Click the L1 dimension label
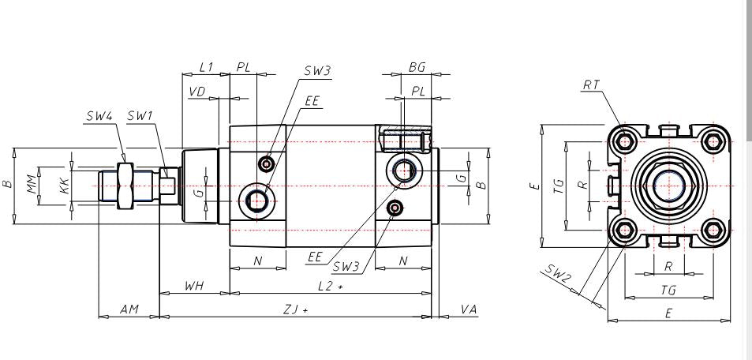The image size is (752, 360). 206,67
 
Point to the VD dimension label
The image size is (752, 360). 197,92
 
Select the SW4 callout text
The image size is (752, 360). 99,116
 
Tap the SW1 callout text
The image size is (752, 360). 140,116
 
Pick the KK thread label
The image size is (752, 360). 65,186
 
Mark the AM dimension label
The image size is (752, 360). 129,309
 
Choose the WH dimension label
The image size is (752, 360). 194,286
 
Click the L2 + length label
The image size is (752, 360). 331,286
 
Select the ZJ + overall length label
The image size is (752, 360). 295,310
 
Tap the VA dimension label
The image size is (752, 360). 469,309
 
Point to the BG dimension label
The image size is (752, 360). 417,67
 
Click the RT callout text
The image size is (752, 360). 591,85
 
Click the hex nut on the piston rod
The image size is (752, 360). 125,186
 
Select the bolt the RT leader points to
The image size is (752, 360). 624,141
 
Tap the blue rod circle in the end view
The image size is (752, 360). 668,186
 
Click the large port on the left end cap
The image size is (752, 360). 257,201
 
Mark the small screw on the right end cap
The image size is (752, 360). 395,208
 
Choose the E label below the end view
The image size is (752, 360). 668,313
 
